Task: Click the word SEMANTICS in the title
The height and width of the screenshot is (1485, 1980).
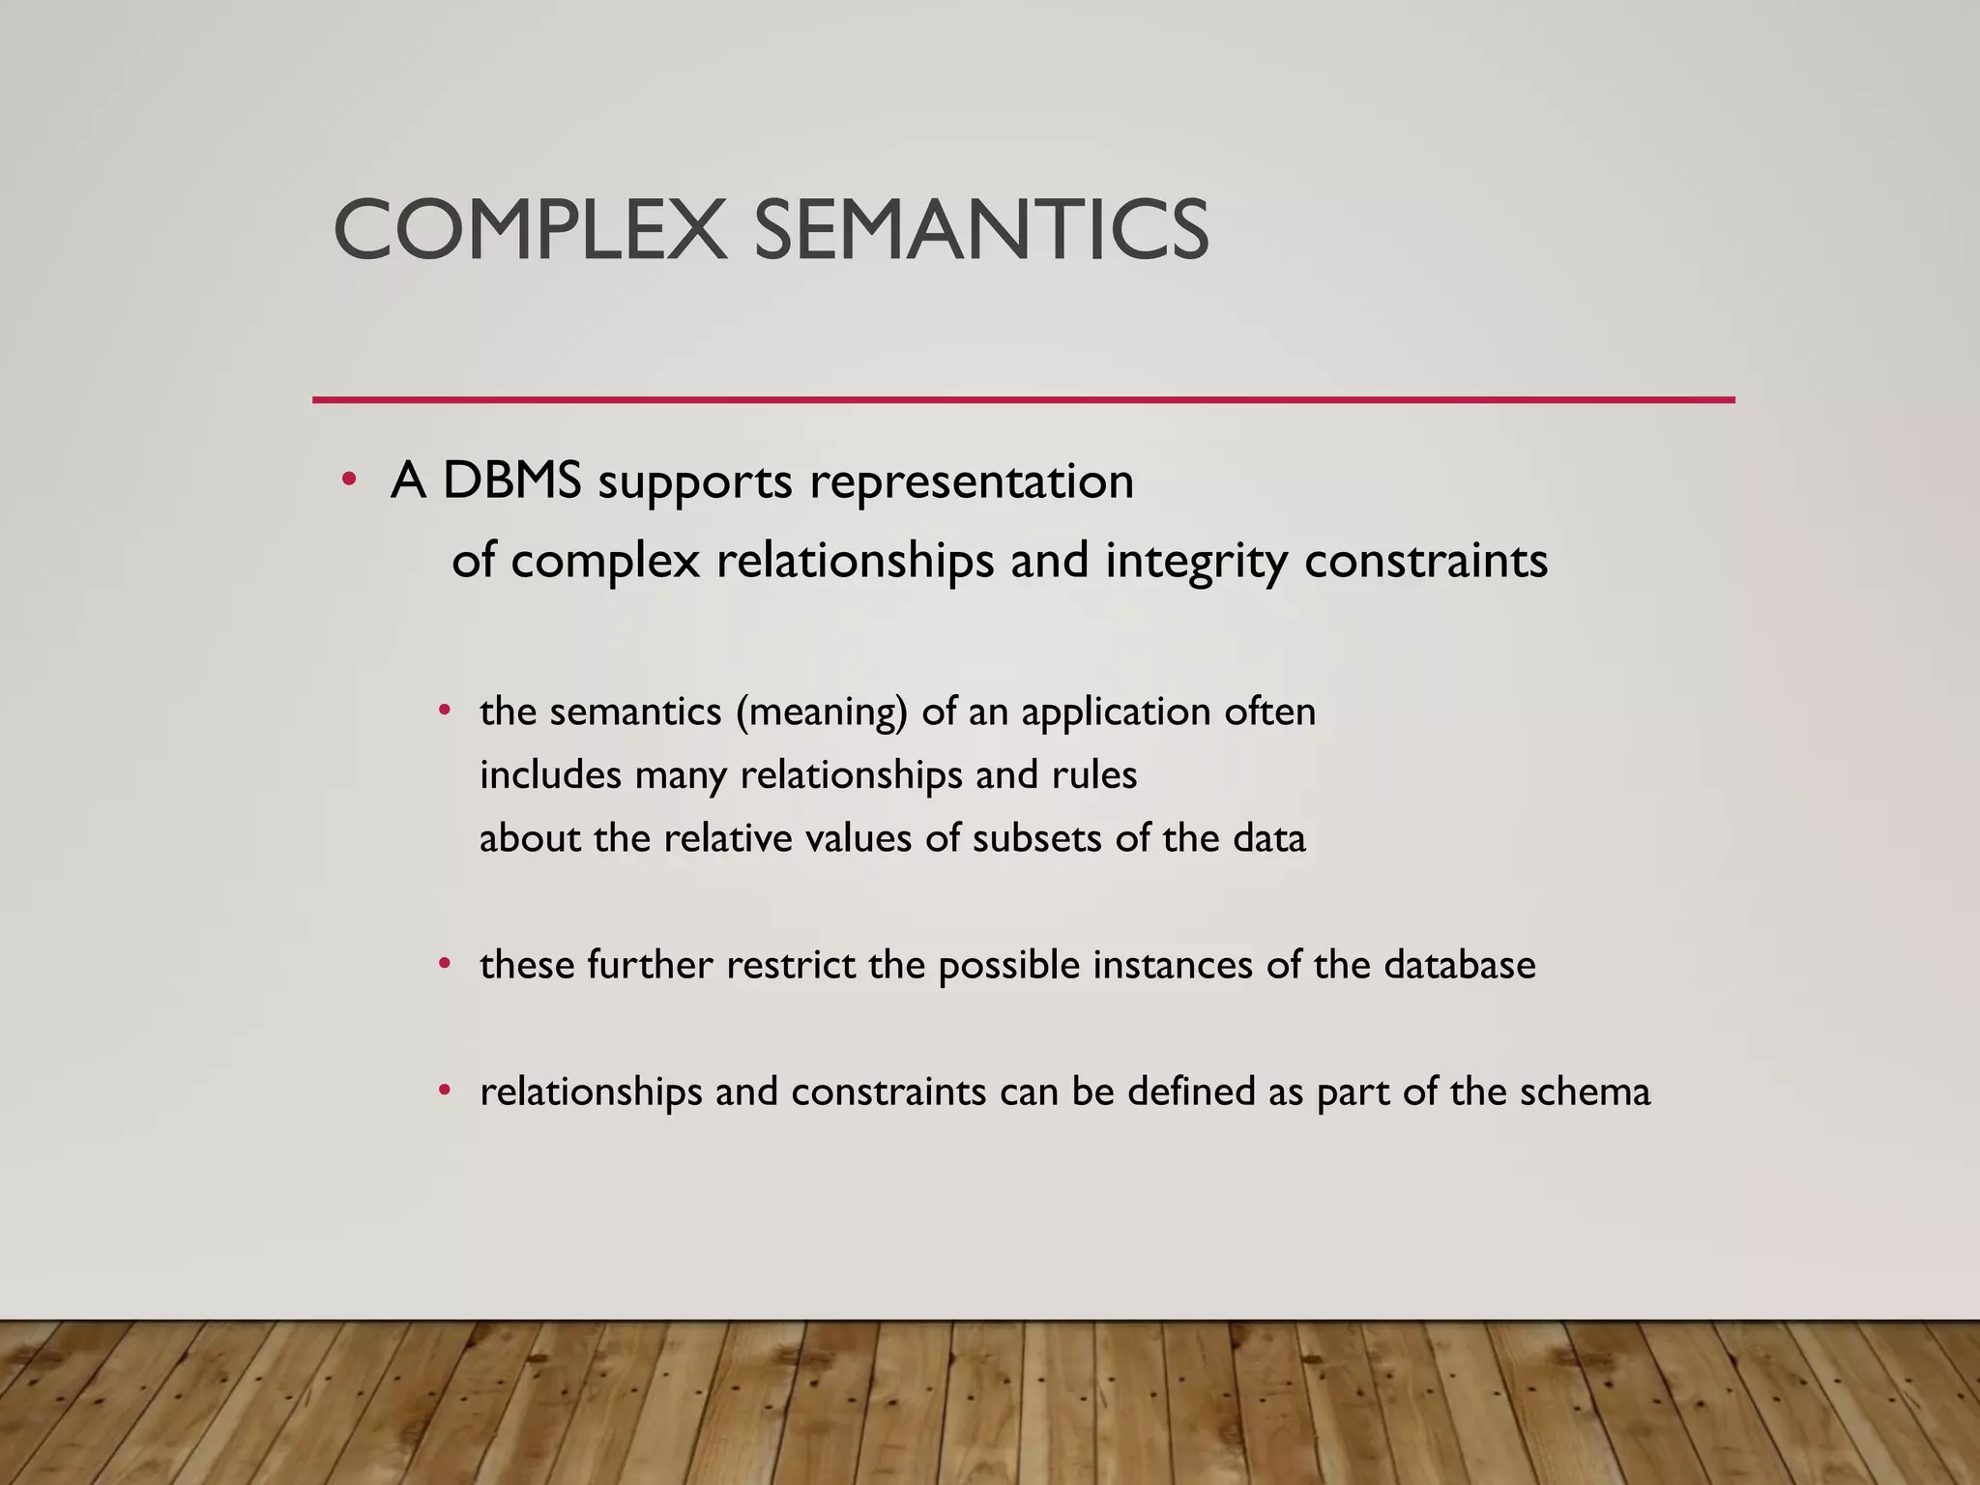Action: (980, 230)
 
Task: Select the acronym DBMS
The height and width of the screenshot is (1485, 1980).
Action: (512, 480)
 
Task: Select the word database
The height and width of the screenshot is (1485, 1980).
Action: (1460, 965)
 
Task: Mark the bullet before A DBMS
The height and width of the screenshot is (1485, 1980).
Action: (350, 480)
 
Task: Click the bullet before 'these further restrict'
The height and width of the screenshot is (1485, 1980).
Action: (445, 964)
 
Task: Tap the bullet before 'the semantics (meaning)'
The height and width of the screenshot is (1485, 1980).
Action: (445, 712)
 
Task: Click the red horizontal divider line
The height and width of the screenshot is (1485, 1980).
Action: (1023, 399)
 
